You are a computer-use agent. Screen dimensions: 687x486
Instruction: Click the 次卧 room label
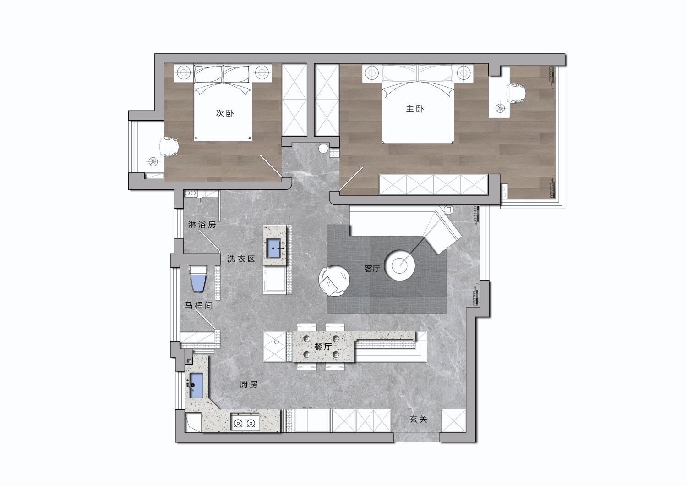click(225, 113)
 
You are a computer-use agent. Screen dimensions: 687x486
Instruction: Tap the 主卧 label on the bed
click(415, 109)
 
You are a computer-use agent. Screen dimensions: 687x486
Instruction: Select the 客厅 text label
click(373, 269)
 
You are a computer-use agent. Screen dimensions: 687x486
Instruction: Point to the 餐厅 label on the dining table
click(323, 347)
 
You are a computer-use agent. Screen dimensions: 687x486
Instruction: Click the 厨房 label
click(249, 384)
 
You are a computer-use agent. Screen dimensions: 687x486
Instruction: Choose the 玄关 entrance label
click(418, 420)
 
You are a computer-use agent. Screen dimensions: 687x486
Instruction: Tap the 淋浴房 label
click(202, 225)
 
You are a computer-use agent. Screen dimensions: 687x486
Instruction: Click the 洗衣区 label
click(241, 259)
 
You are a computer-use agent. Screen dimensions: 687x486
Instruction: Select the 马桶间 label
click(199, 306)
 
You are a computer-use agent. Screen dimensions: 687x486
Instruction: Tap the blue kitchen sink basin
click(196, 385)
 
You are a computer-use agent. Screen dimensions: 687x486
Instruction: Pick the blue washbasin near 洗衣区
click(273, 248)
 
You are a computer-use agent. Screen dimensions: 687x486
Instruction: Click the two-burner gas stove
click(245, 423)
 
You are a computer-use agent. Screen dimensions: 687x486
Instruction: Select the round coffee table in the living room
click(401, 265)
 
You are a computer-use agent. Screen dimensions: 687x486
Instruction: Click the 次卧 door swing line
click(271, 166)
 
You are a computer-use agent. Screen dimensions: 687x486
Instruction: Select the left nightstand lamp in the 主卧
click(372, 73)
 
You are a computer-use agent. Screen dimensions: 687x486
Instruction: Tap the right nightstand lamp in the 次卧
click(262, 73)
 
